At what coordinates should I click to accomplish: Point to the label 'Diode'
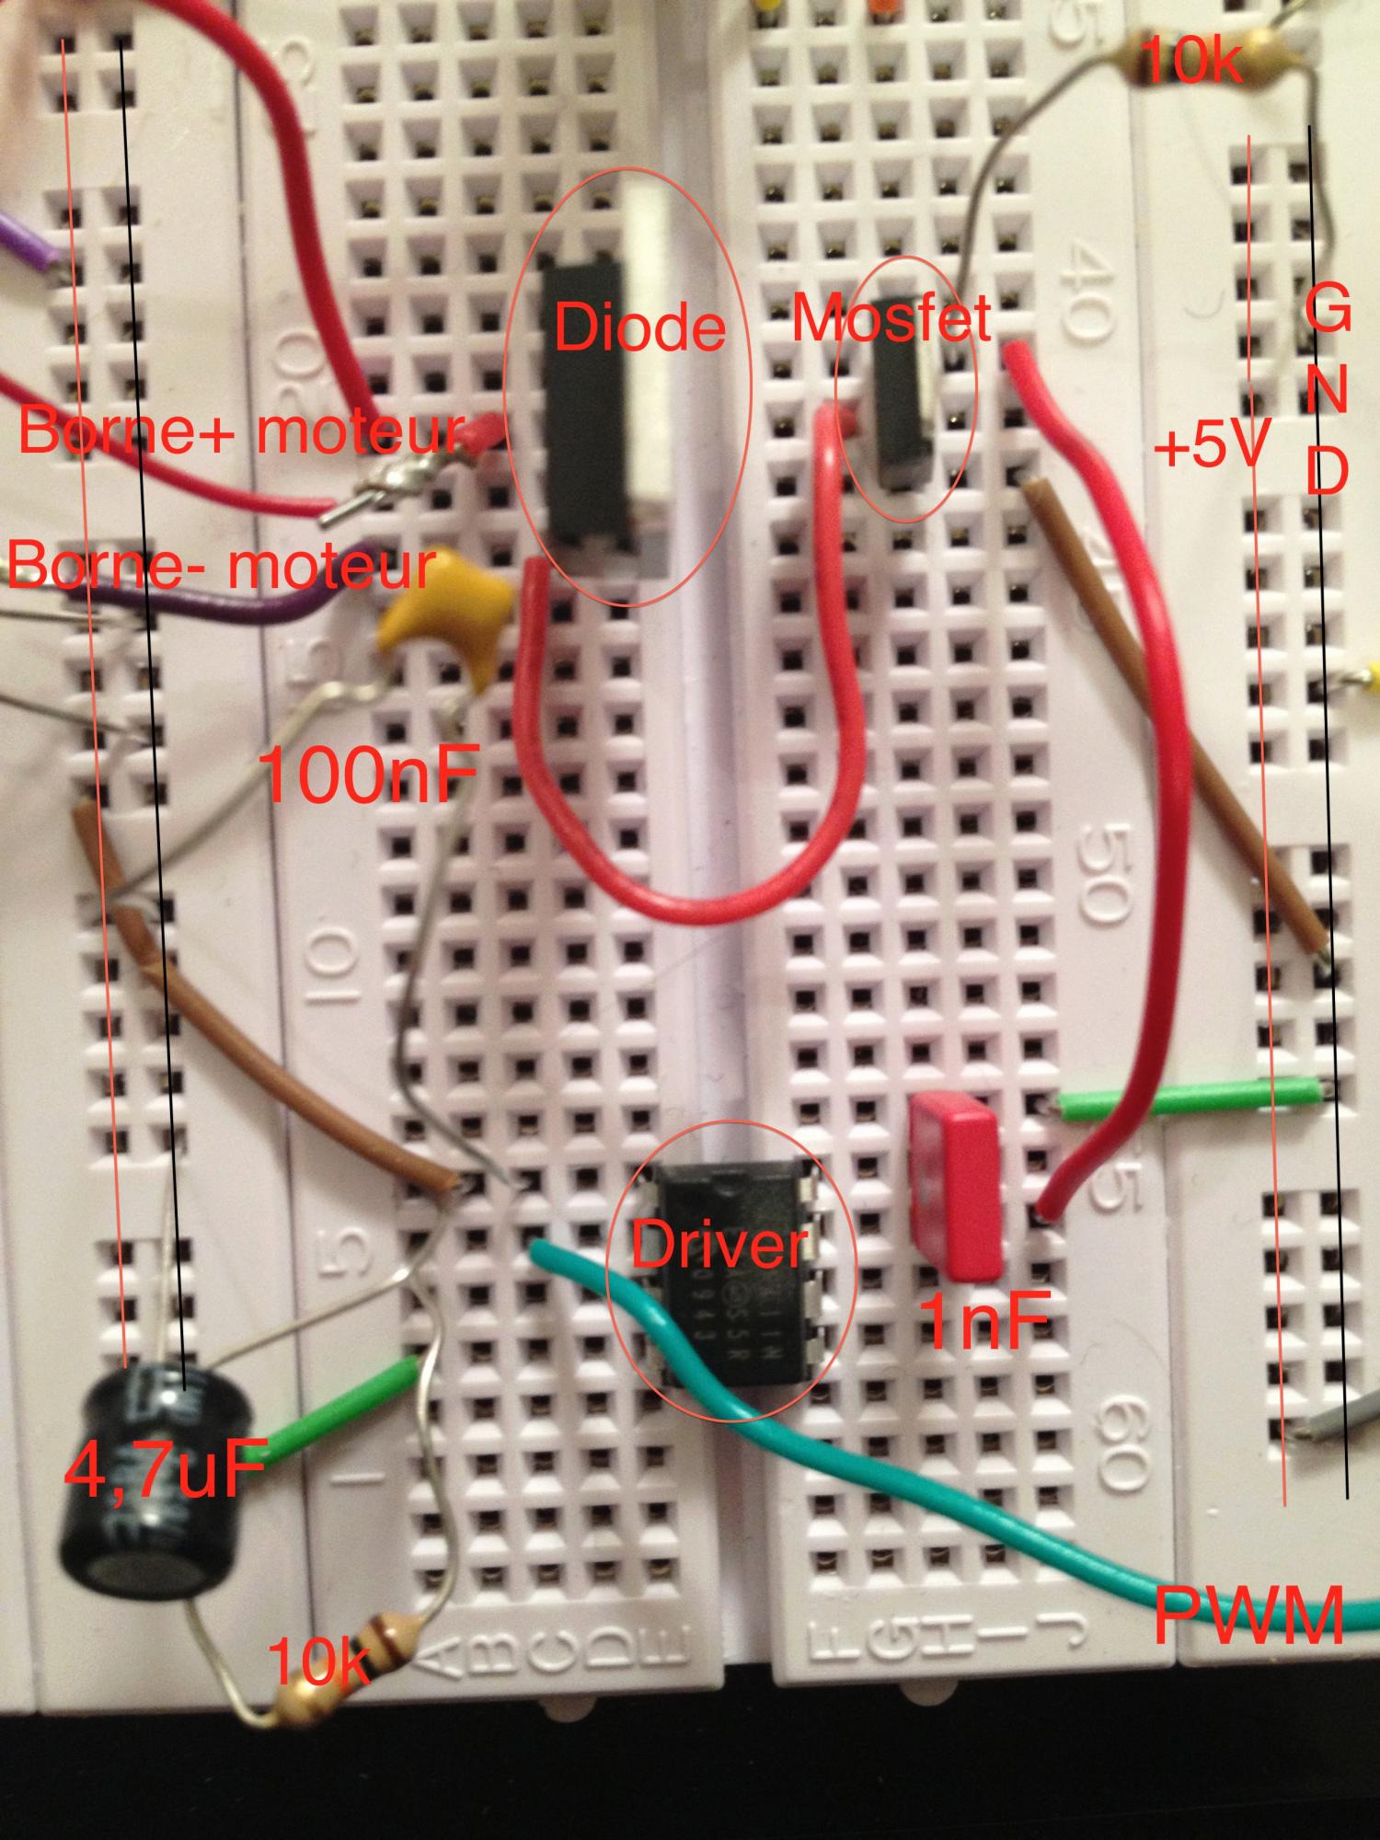[x=639, y=329]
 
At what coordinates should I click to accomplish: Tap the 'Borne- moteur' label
[x=221, y=566]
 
